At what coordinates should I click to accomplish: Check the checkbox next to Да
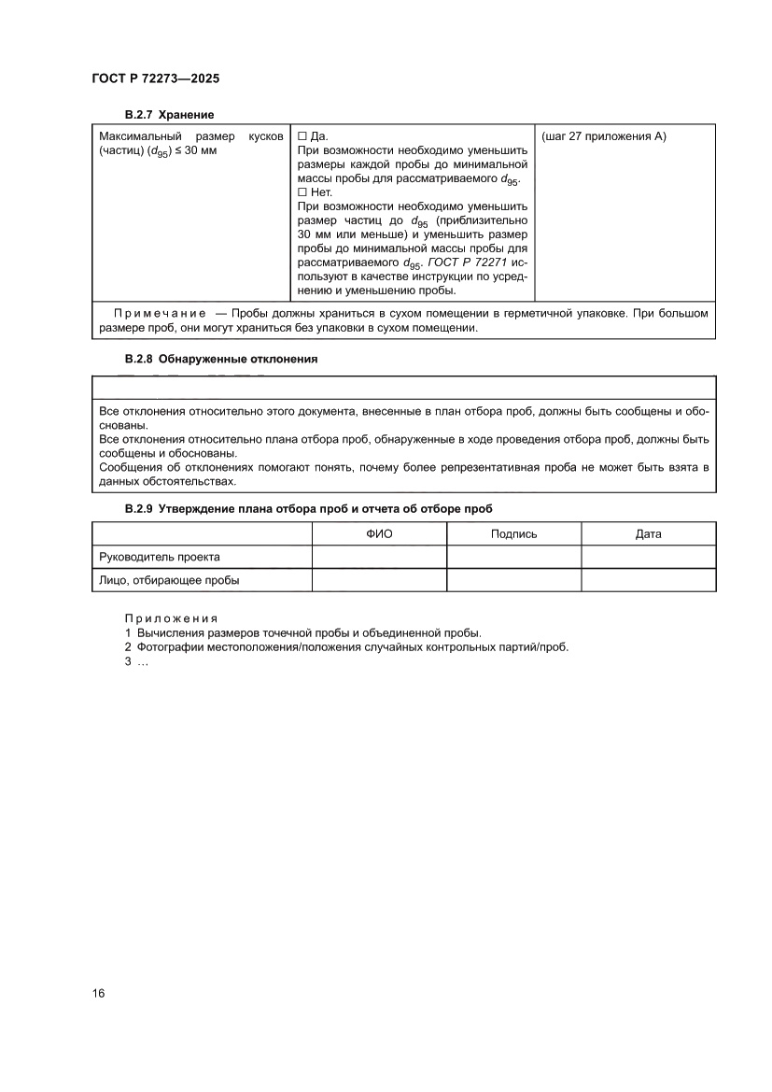302,136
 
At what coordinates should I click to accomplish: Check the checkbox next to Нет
302,192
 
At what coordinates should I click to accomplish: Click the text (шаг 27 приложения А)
603,136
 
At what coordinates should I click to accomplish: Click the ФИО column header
378,533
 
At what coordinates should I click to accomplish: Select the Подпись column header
513,533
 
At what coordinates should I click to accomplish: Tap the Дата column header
648,533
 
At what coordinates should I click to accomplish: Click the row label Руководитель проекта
160,557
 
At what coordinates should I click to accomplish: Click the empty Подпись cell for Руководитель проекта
513,557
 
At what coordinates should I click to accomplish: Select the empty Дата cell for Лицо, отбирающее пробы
648,580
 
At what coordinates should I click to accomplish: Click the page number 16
98,992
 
